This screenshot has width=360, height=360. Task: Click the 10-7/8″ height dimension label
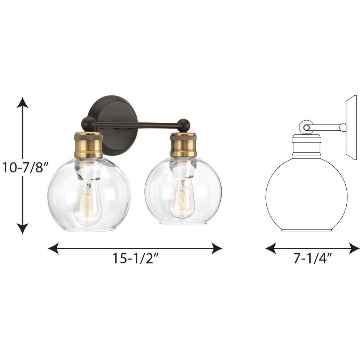coord(26,167)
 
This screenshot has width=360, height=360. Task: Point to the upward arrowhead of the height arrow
coord(22,102)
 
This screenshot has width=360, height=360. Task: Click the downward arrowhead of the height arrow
coord(22,228)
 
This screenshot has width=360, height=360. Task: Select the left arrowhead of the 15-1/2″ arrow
coord(53,248)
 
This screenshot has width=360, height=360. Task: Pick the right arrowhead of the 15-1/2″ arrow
coord(217,248)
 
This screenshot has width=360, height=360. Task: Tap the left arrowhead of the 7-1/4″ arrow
coord(271,248)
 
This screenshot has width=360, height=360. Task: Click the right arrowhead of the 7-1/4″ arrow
coord(354,248)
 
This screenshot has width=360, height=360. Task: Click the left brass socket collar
coord(89,145)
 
